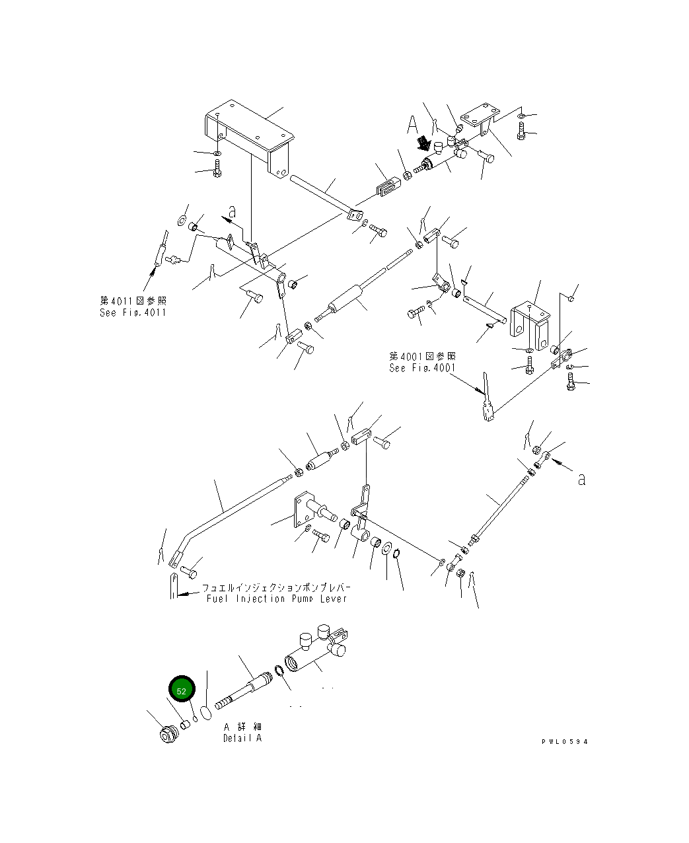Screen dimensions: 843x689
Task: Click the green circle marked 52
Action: point(182,689)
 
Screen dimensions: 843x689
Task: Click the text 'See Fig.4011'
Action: point(133,312)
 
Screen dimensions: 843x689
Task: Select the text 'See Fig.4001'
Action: point(422,368)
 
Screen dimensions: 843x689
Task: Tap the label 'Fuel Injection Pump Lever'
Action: point(276,599)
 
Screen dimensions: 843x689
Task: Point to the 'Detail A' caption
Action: point(242,738)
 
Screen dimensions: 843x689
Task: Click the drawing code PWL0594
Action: point(564,741)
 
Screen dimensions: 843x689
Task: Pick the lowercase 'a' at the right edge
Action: point(581,479)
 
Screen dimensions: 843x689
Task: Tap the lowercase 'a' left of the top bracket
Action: point(232,211)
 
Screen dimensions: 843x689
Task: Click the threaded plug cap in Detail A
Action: point(170,733)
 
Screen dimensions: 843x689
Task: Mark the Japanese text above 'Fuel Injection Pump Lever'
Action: point(276,587)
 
